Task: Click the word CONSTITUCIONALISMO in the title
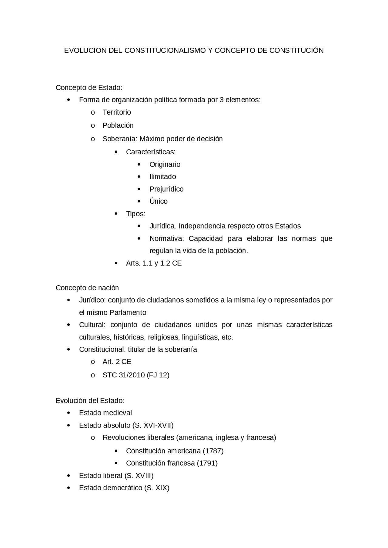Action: coord(165,51)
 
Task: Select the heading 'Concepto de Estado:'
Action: coord(89,88)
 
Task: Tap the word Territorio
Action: coord(117,112)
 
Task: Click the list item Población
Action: coord(118,125)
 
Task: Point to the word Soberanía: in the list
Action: coord(120,139)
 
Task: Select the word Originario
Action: coord(165,164)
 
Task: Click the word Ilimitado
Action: coord(162,177)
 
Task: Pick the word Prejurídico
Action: coord(166,189)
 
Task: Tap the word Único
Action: coord(158,202)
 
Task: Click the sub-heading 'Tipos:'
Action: coord(135,214)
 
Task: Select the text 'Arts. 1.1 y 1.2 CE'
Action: coord(154,263)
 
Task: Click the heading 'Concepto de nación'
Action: coord(87,288)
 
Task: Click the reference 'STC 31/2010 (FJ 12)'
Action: coord(136,375)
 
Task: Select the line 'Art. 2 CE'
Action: coord(117,362)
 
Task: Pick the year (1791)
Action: coord(207,463)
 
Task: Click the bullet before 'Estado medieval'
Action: coord(69,413)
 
